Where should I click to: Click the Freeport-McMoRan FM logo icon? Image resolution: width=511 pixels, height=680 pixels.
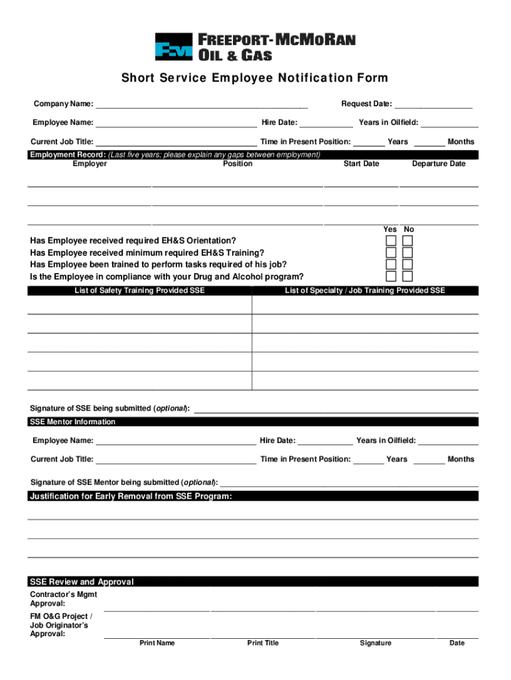pos(174,47)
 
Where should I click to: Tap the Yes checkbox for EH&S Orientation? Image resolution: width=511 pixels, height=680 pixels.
pos(392,240)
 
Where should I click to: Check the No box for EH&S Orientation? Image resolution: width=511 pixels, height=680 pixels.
pos(407,240)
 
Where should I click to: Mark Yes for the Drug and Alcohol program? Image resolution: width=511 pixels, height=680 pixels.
pos(392,276)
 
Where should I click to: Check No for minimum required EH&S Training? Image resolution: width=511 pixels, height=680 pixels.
pos(407,252)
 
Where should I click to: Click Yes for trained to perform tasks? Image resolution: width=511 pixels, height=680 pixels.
pos(392,264)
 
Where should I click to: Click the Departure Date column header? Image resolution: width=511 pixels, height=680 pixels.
pos(439,164)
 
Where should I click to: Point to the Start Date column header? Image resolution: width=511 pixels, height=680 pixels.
pos(361,164)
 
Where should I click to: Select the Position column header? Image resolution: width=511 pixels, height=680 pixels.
pos(238,164)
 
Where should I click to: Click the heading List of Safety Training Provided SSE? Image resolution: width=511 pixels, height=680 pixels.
pos(139,291)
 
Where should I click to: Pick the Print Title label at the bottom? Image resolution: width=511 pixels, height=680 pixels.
pos(263,643)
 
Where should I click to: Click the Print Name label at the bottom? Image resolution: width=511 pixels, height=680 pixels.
pos(157,643)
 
